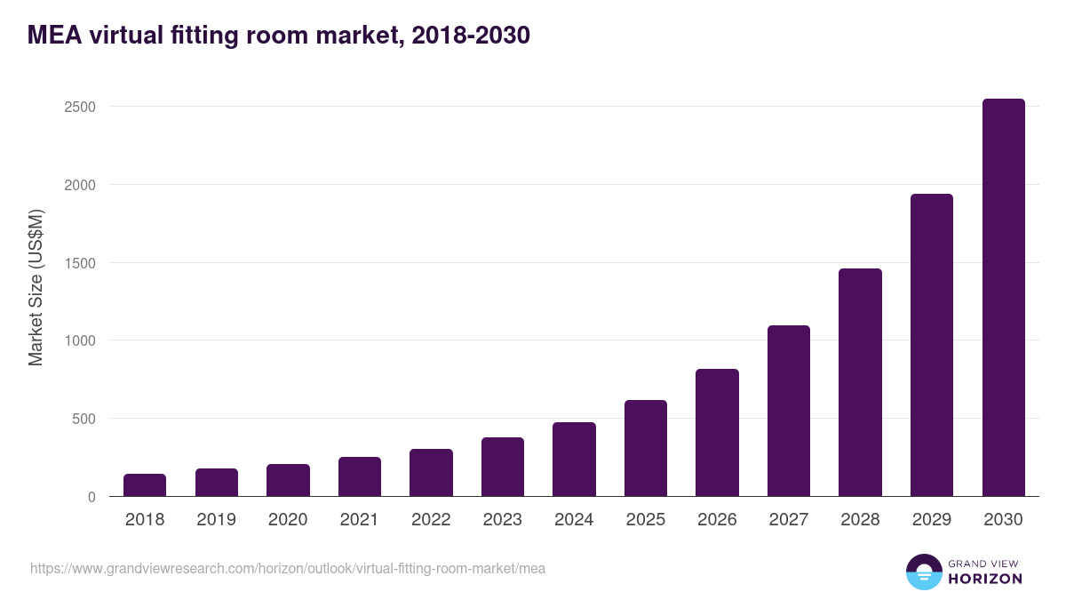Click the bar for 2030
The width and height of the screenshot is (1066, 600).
point(1003,298)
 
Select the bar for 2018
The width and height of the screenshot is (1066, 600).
point(145,485)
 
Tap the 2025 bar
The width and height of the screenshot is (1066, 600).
point(645,448)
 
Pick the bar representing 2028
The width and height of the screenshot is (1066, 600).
point(860,382)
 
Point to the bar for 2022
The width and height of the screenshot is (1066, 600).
point(431,473)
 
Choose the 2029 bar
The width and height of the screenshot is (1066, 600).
point(931,345)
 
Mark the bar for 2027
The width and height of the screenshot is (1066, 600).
point(789,411)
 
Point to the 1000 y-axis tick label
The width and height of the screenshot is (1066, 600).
point(77,340)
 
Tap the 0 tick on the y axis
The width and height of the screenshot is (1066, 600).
point(91,497)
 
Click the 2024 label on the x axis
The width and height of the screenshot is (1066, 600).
point(574,520)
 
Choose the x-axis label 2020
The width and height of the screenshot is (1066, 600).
point(288,520)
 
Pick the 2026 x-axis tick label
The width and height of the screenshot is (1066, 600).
point(717,520)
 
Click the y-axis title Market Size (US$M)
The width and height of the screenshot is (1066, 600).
point(36,288)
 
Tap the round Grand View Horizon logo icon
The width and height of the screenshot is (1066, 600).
point(923,572)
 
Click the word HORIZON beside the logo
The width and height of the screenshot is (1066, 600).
point(985,579)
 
